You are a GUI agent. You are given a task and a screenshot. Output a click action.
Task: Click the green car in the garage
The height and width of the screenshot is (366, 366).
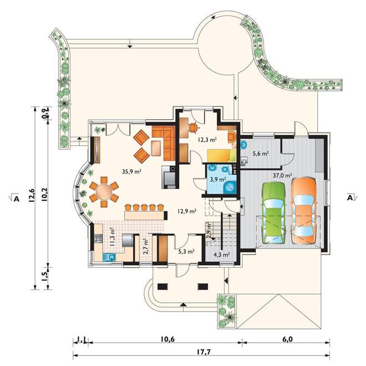pyautogui.click(x=274, y=213)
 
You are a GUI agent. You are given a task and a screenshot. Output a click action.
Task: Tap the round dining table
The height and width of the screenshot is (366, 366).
pyautogui.click(x=104, y=192)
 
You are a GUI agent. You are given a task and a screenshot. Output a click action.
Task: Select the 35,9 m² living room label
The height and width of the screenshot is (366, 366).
pyautogui.click(x=132, y=171)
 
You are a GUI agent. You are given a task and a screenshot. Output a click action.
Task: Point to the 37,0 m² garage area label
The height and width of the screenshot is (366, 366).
pyautogui.click(x=283, y=175)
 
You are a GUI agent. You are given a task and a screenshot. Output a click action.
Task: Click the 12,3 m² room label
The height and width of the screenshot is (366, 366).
pyautogui.click(x=207, y=140)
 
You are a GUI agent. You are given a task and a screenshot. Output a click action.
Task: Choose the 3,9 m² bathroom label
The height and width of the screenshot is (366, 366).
pyautogui.click(x=218, y=180)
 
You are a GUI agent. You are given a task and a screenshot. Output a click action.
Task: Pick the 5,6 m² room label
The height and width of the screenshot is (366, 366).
pyautogui.click(x=261, y=154)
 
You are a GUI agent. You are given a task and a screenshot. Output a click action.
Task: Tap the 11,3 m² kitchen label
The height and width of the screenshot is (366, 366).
pyautogui.click(x=112, y=237)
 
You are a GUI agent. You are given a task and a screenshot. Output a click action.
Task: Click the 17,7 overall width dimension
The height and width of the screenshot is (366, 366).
pyautogui.click(x=202, y=352)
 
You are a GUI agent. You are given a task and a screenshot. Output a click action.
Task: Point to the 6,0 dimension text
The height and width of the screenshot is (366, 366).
pyautogui.click(x=287, y=339)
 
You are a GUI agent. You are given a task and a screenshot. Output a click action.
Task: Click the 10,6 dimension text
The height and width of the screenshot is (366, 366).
pyautogui.click(x=167, y=339)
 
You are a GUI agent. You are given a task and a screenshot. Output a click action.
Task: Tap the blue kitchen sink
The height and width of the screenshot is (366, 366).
pyautogui.click(x=109, y=257)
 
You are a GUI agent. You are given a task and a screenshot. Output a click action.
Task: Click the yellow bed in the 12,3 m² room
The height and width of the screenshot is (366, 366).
pyautogui.click(x=222, y=155)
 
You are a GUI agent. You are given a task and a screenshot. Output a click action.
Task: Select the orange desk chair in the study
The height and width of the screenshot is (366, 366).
pyautogui.click(x=194, y=128)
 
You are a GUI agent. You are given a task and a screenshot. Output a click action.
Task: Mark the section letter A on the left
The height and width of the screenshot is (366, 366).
pyautogui.click(x=16, y=199)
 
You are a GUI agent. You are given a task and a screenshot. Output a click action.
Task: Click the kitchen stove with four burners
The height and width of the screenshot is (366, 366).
pyautogui.click(x=98, y=238)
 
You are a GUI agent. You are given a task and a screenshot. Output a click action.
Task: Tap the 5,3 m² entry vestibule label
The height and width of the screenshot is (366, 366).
pyautogui.click(x=186, y=251)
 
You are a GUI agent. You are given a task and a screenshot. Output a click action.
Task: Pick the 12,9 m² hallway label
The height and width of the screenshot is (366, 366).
pyautogui.click(x=186, y=211)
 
